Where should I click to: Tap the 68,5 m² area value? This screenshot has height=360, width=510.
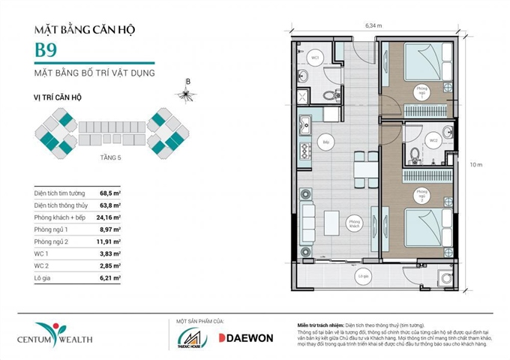click(x=110, y=192)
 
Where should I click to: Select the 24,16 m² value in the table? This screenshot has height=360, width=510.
click(x=111, y=217)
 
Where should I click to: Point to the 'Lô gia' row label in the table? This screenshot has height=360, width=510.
click(x=43, y=277)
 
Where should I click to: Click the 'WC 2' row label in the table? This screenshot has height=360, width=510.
click(x=43, y=265)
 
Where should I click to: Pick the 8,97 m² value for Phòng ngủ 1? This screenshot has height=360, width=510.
click(x=111, y=229)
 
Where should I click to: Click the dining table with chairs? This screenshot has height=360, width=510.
click(x=365, y=166)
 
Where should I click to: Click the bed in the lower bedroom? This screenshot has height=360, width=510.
click(x=423, y=226)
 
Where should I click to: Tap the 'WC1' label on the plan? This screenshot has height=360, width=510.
click(x=316, y=58)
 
